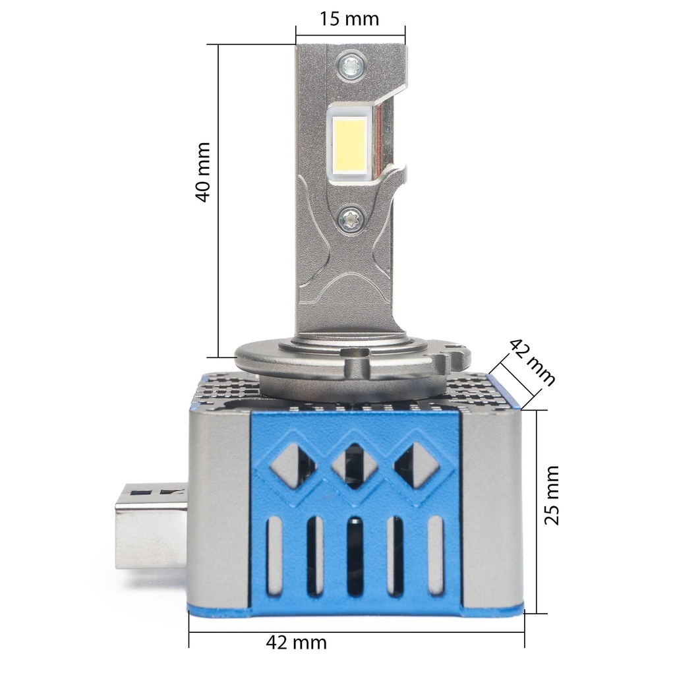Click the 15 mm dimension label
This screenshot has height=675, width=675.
[x=349, y=19]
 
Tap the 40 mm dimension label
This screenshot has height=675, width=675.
[x=203, y=172]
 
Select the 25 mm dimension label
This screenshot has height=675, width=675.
[x=552, y=494]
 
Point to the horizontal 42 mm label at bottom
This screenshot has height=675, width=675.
[x=296, y=643]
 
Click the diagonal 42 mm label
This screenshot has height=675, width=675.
[x=532, y=362]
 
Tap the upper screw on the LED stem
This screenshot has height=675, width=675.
[x=351, y=65]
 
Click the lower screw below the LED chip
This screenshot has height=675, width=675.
[x=351, y=220]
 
